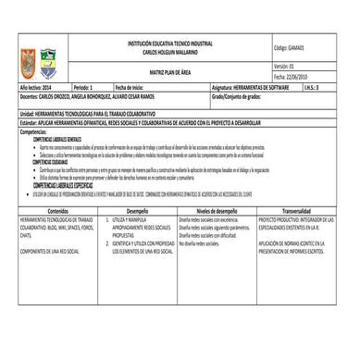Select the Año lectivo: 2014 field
38,86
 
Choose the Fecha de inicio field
135,86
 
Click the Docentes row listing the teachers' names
83,95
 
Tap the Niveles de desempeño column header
217,210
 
